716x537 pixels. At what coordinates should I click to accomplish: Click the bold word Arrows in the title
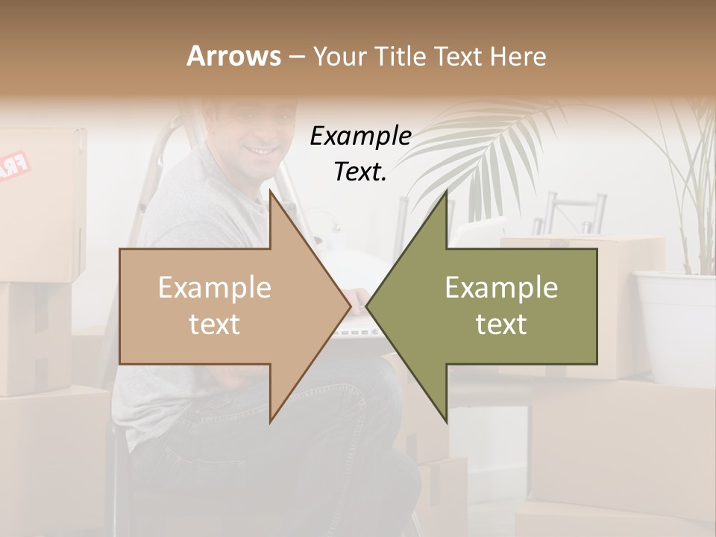[x=233, y=56]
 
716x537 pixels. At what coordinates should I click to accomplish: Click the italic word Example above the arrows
[x=360, y=136]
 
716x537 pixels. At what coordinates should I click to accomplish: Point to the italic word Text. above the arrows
[x=360, y=172]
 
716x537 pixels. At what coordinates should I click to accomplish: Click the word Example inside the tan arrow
[x=215, y=288]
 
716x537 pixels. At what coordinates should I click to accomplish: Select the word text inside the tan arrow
[x=215, y=324]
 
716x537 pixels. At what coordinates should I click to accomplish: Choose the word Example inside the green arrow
[x=501, y=288]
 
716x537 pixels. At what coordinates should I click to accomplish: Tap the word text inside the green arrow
[x=501, y=324]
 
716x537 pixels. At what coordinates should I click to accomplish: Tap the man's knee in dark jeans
[x=373, y=388]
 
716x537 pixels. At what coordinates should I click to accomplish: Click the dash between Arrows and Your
[x=296, y=57]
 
